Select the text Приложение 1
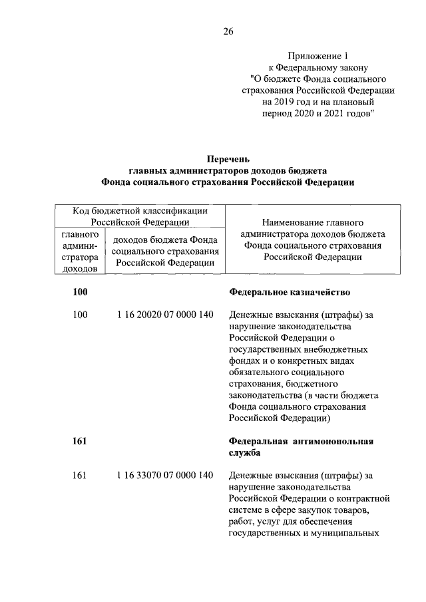click(x=317, y=55)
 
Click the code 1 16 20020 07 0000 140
click(x=164, y=315)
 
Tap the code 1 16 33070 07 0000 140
click(x=164, y=475)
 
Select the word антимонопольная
click(x=332, y=441)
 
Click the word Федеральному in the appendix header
click(x=307, y=67)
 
